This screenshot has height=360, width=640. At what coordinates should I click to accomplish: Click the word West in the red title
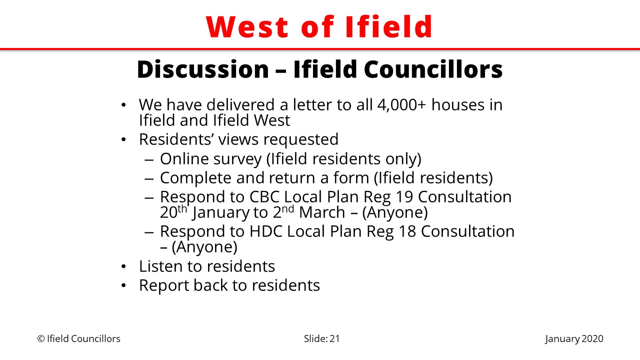point(247,27)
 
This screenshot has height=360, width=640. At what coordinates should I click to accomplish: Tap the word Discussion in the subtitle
point(203,69)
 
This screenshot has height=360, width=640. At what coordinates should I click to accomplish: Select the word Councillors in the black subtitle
point(433,69)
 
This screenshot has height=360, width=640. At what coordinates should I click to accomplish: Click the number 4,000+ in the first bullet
point(401,105)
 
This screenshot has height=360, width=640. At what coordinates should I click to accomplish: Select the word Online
point(187,159)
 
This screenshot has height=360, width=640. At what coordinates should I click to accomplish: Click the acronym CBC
point(264,197)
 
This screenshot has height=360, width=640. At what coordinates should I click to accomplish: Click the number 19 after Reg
point(404,197)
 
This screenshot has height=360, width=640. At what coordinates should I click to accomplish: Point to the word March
point(322,212)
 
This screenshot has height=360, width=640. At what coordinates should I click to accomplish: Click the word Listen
point(160,266)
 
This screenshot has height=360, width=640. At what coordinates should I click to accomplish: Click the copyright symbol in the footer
point(41,339)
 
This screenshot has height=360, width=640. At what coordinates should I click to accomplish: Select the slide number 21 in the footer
point(334,339)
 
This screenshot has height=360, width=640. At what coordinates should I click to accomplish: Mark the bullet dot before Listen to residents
point(123,266)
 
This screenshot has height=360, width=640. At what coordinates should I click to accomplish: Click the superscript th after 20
point(182,209)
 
